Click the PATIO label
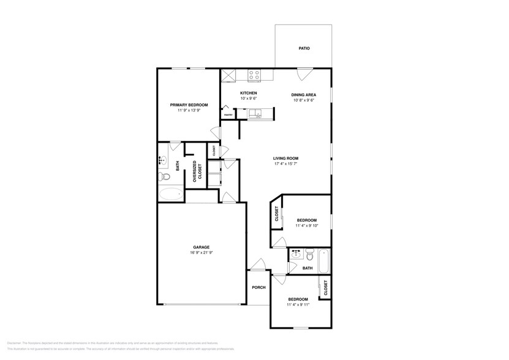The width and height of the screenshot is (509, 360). point(304,48)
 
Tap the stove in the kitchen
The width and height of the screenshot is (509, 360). point(254,75)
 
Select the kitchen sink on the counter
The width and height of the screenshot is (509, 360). point(256,113)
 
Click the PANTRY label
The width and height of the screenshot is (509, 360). point(227,114)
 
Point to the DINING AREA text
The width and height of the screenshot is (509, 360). point(303,94)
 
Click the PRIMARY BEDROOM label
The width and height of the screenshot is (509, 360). point(189,105)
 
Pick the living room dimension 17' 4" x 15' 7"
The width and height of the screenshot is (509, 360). point(286,164)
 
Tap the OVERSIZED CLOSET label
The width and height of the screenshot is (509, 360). point(197,171)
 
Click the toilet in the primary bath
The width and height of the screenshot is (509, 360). point(163,177)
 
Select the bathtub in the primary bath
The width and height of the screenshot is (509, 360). point(170,195)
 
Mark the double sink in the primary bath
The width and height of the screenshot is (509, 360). point(163,160)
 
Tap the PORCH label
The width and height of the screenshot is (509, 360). point(258,288)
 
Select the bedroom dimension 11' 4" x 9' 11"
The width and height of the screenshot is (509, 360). point(299,304)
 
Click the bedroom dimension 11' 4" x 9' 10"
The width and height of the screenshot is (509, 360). point(306,226)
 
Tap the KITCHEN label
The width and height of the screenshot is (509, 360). point(248,92)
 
